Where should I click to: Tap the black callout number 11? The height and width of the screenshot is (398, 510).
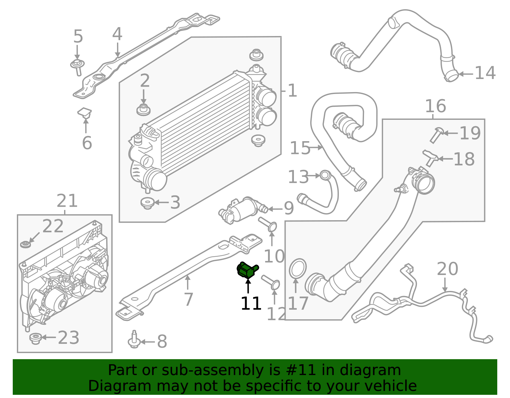(251, 304)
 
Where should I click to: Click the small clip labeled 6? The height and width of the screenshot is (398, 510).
(84, 113)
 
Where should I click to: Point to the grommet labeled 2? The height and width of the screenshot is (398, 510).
(143, 110)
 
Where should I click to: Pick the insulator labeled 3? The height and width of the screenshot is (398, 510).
(147, 203)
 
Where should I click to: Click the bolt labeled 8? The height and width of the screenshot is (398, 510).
(134, 340)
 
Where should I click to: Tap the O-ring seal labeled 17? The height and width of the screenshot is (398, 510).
(298, 269)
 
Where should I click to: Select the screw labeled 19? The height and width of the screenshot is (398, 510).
(436, 134)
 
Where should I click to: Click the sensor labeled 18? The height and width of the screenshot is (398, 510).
(431, 157)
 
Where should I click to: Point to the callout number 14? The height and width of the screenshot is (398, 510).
(485, 73)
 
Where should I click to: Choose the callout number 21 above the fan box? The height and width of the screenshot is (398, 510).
(67, 201)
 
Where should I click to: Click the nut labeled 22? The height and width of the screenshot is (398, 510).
(25, 244)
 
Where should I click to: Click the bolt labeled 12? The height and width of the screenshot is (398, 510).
(271, 282)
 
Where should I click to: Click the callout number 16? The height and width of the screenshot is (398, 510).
(435, 106)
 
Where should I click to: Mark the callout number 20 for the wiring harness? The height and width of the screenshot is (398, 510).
(447, 269)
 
